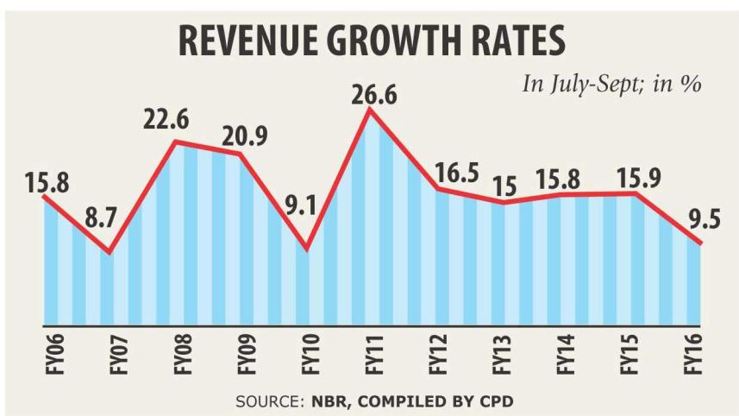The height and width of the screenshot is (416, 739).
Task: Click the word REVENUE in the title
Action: pos(260,41)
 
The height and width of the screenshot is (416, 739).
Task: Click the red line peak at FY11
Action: pos(369,110)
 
